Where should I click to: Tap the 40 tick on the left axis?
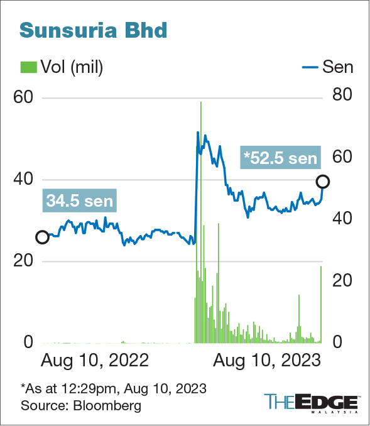pos(24,180)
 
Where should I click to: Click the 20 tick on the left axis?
pos(24,261)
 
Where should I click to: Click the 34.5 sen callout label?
pos(80,200)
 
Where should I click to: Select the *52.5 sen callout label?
pos(280,157)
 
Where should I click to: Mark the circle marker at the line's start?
pos(42,237)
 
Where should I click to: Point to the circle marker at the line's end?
pos(323,182)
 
